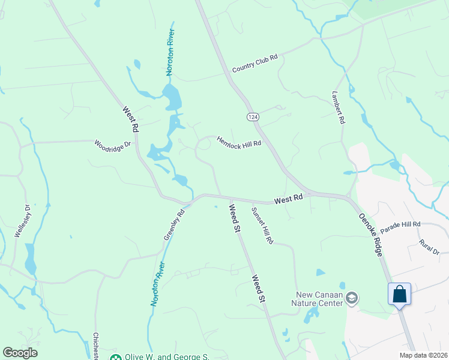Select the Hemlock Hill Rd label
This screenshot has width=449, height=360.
click(239, 139)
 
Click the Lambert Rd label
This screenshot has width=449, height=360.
click(339, 107)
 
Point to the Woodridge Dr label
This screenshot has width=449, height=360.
click(112, 146)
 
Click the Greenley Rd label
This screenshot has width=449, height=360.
click(173, 224)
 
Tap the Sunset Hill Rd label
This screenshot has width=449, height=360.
click(262, 226)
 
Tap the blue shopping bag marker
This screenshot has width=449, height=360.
click(399, 295)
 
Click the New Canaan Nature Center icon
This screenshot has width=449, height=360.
click(352, 298)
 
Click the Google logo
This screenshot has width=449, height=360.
click(20, 353)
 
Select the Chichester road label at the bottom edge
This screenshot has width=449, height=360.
click(95, 346)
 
